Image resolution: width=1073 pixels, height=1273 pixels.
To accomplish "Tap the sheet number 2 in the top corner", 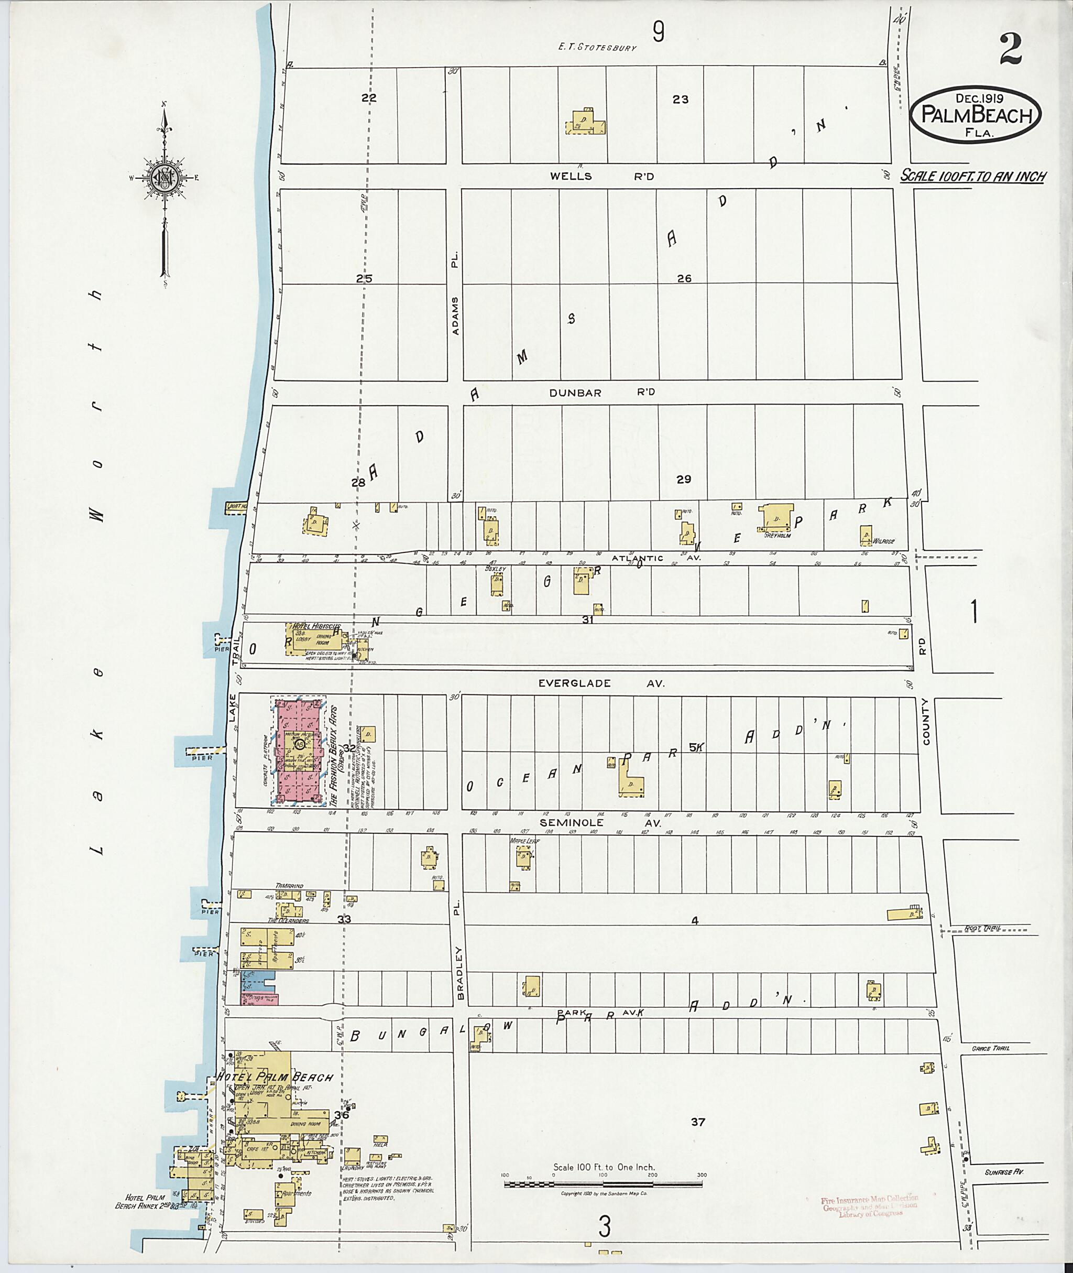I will (1009, 49).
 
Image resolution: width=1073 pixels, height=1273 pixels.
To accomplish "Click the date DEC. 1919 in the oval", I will (979, 98).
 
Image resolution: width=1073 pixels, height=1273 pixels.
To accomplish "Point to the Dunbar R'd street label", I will (601, 393).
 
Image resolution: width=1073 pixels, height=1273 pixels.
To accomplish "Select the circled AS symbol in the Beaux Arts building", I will (299, 744).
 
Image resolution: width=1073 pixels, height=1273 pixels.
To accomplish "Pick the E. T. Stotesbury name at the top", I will (598, 47).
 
